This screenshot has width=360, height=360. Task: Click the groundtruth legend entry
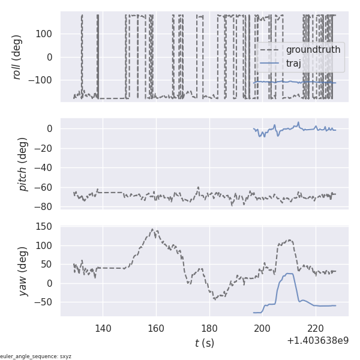pos(313,49)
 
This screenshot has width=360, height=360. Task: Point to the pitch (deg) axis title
pos(23,164)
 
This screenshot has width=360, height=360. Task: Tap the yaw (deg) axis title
pos(23,271)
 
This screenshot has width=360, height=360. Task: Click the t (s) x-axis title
pos(204,343)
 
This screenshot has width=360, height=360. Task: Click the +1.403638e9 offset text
pos(317,341)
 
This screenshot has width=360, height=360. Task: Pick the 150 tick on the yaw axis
pos(45,226)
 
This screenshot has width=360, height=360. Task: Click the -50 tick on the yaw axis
pos(44,302)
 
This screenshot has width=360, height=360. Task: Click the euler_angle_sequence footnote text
pos(36,356)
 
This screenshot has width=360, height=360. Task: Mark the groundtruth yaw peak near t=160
pos(153,229)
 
